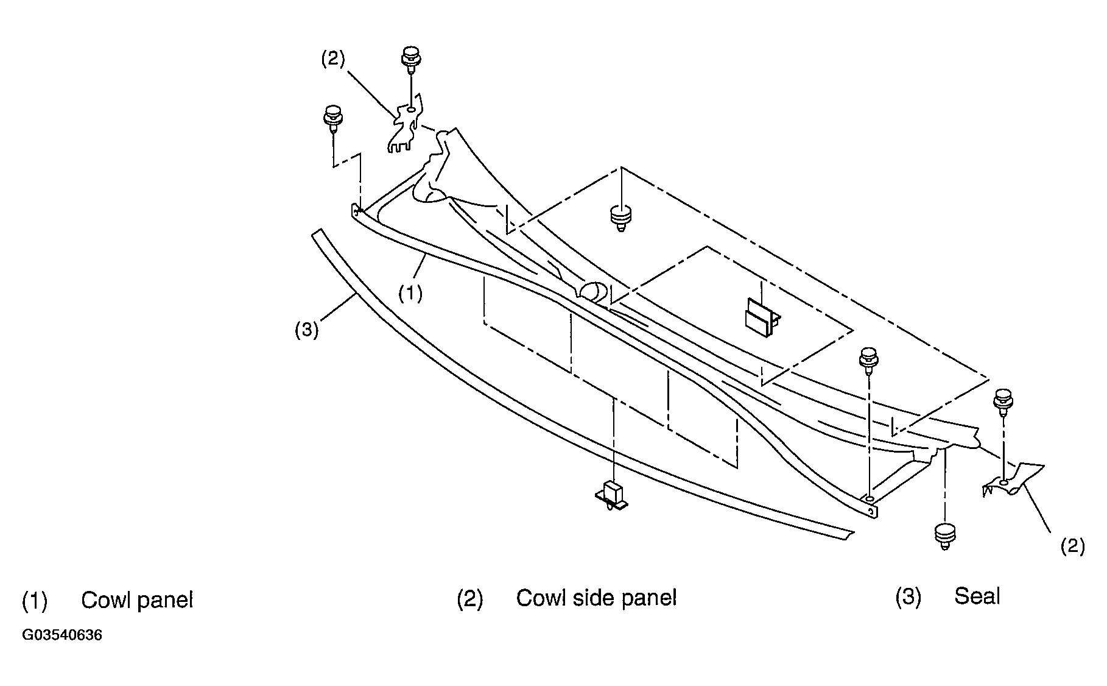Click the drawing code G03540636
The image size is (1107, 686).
coord(62,635)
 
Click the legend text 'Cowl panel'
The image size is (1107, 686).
coord(137,600)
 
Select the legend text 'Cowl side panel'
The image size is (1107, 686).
coord(596,598)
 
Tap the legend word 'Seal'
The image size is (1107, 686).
coord(977,596)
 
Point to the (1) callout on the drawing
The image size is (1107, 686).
coord(410,294)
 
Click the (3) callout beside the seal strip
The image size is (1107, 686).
coord(307,330)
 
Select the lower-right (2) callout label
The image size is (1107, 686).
coord(1073,546)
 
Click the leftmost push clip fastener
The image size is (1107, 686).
coord(332,120)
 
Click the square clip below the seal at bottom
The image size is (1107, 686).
coord(612,496)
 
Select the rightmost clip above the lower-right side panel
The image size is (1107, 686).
coord(1003,402)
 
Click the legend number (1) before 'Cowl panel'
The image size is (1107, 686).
coord(34,601)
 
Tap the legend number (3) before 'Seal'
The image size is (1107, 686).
coord(907,597)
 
